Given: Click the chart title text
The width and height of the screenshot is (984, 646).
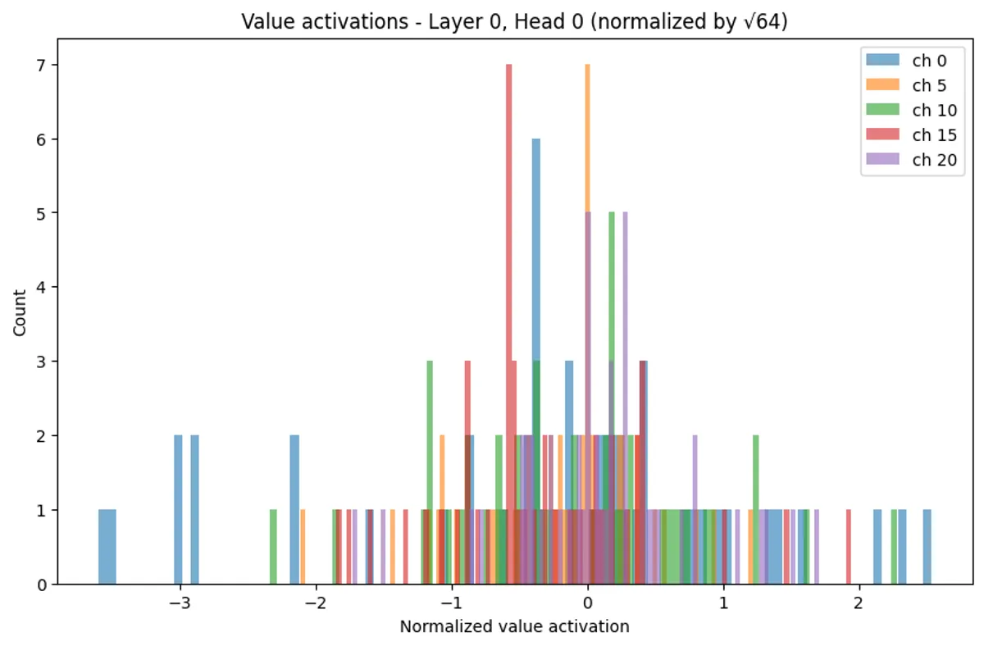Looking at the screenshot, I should click(513, 21).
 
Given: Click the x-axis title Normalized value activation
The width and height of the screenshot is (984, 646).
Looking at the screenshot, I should click(514, 627).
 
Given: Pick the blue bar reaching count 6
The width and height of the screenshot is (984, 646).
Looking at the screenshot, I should click(535, 361).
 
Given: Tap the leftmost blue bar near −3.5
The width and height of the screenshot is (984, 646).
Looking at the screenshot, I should click(107, 548).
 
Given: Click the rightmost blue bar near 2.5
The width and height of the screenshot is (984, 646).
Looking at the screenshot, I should click(927, 548).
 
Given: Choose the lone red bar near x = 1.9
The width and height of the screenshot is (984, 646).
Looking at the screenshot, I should click(848, 548).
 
